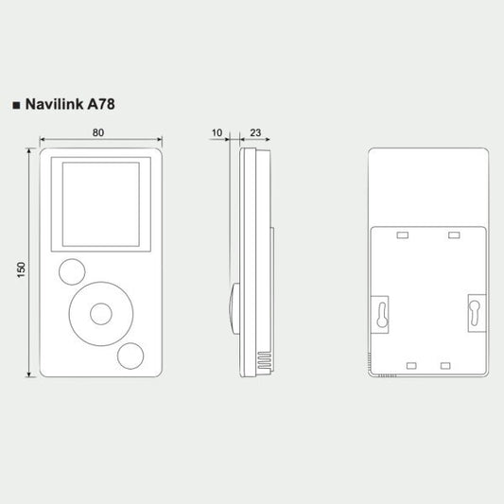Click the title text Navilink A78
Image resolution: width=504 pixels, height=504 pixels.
click(x=70, y=104)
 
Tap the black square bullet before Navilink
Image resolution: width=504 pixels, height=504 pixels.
click(x=16, y=105)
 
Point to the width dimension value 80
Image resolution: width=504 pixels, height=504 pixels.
click(x=98, y=132)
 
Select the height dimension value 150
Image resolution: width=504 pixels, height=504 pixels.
click(x=21, y=270)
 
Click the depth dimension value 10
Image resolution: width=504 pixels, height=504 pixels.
click(x=217, y=132)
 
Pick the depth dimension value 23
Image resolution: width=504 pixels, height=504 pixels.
click(x=255, y=132)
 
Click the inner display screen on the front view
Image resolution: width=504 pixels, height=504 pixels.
click(x=101, y=204)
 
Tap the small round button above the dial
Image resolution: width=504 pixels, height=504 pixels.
click(x=72, y=272)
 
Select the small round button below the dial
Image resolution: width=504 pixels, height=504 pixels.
click(x=130, y=356)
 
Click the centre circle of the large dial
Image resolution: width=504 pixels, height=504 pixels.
click(x=101, y=314)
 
